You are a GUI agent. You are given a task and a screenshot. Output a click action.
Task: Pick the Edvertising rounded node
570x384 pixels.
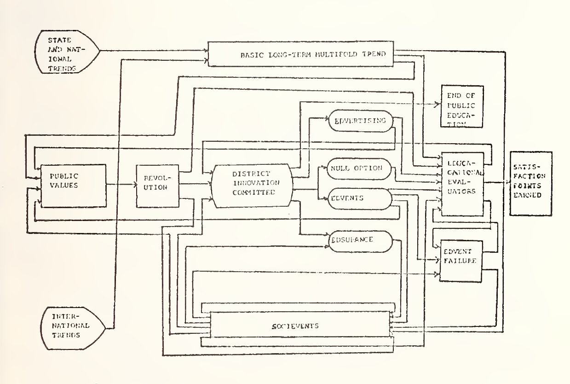(360, 122)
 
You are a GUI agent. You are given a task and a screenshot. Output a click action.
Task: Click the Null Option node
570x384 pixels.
(360, 168)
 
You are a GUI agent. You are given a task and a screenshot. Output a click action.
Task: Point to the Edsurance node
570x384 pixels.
(360, 240)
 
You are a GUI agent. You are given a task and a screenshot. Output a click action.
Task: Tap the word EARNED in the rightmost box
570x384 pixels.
(531, 194)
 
